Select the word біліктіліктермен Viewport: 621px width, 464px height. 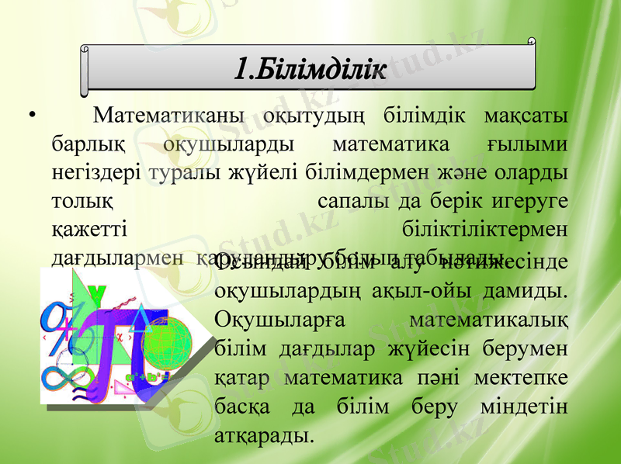[x=485, y=228]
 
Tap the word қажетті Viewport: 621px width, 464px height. [x=88, y=228]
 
